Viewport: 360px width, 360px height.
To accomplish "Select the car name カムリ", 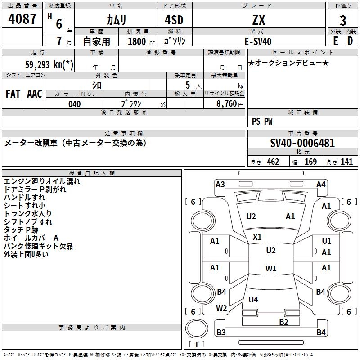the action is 116,20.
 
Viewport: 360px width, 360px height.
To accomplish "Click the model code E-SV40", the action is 258,41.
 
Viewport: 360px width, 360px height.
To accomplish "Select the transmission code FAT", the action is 13,94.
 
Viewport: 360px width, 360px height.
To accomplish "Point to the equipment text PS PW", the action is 262,121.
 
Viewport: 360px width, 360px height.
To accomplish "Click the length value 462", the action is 273,162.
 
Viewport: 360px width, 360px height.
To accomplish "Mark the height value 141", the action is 346,162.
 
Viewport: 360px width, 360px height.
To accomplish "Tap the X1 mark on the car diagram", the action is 257,237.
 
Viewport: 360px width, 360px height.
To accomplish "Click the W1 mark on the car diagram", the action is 271,269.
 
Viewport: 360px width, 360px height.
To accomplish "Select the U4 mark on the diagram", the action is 253,299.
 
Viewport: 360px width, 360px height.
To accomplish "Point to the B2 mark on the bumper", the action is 283,322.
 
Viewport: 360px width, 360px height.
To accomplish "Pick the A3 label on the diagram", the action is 220,184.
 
